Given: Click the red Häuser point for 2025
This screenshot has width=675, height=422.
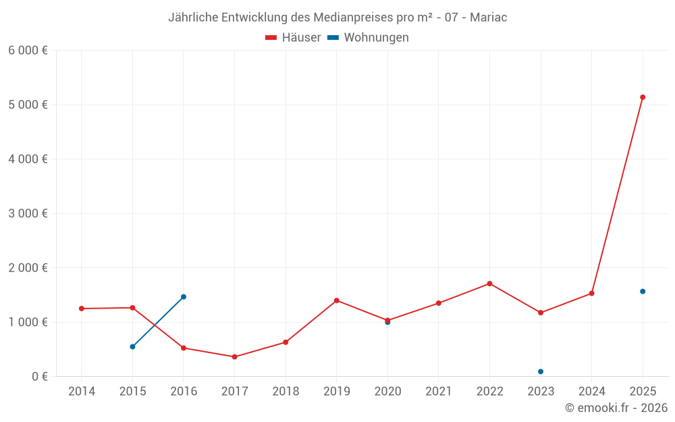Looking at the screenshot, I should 643,97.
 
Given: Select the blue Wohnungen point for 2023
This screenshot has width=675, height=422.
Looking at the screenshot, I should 541,371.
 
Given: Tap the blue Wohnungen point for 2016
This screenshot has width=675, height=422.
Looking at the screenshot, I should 184,296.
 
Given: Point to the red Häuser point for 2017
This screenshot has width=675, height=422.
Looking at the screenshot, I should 234,357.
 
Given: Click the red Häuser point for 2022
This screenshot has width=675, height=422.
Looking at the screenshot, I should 489,284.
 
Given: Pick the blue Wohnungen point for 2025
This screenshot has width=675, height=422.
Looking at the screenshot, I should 643,292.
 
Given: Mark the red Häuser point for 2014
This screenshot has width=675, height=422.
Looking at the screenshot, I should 82,309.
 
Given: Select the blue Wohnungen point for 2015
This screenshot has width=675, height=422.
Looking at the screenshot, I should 132,346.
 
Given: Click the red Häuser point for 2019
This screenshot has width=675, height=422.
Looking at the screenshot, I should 336,300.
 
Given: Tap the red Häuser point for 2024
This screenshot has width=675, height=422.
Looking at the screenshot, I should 591,293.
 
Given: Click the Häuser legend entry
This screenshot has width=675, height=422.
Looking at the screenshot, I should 293,38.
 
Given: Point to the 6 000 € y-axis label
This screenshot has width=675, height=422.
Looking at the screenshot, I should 28,51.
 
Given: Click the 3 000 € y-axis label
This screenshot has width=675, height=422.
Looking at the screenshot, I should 28,213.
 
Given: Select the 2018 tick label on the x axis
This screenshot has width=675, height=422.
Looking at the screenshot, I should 286,392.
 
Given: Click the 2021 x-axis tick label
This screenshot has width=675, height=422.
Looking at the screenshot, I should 439,392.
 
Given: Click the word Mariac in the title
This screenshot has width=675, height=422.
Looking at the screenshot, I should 488,18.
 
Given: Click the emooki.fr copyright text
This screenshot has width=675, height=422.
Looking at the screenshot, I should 616,408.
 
